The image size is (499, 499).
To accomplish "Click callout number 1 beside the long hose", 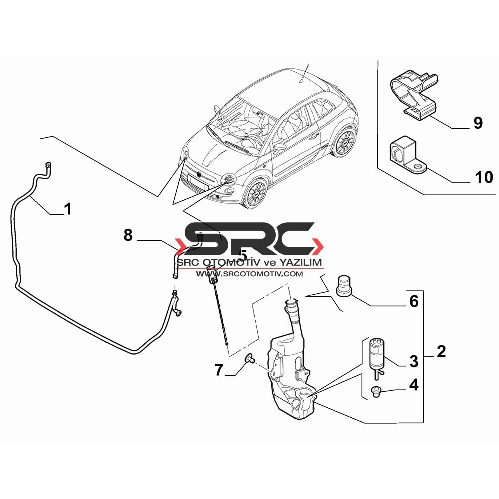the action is coord(68,209).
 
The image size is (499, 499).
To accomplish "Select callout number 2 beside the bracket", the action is coord(441,352).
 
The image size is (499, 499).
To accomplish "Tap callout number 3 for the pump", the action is coord(413,361).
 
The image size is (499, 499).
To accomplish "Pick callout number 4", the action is coord(413,385).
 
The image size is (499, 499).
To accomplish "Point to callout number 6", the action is coord(414,301).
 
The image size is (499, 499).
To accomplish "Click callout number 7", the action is coord(219,370).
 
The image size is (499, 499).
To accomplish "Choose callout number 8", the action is coord(128,235).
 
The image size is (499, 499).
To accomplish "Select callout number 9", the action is coord(478,123).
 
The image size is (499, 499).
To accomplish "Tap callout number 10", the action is coord(484,177).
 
